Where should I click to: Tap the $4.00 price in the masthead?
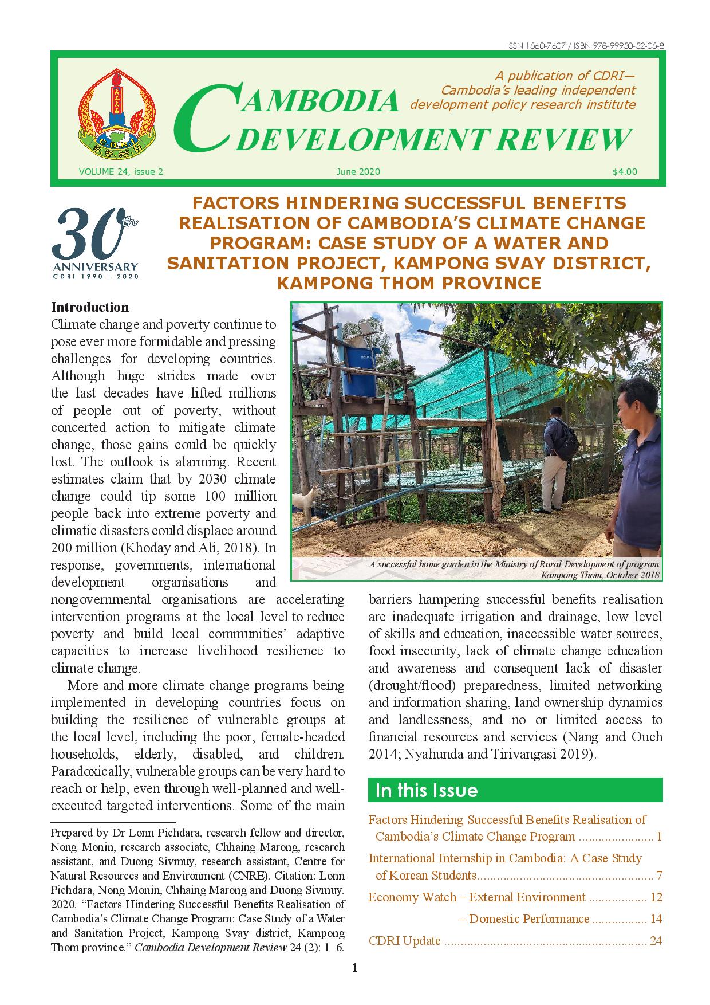624,171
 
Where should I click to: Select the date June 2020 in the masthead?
358,171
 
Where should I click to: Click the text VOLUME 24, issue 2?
121,171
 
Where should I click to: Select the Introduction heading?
90,307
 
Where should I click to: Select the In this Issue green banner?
515,790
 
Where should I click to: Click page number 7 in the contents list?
659,875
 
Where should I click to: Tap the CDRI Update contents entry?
405,940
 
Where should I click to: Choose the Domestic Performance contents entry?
529,918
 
